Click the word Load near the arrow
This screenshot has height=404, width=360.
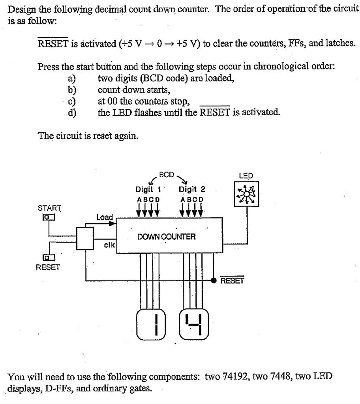(x=105, y=217)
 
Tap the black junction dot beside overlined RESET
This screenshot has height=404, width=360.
(x=214, y=281)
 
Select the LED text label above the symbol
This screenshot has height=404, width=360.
(x=246, y=176)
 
